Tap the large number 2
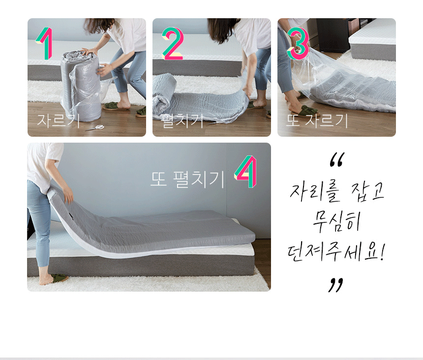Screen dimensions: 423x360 tap(173, 43)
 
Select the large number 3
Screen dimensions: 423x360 tap(298, 43)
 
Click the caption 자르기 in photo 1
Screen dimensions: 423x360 tap(58, 120)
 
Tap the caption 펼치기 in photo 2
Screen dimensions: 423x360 tap(181, 120)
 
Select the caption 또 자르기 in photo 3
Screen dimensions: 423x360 tap(317, 120)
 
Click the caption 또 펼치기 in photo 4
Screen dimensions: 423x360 tap(187, 180)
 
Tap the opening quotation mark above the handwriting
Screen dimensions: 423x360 tap(336, 160)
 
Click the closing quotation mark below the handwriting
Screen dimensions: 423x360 tap(335, 285)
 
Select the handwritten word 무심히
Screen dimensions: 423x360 tap(336, 222)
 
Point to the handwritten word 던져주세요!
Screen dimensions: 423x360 tap(336, 252)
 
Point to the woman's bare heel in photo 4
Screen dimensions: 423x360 tap(43, 281)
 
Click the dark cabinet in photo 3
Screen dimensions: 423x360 tap(333, 35)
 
